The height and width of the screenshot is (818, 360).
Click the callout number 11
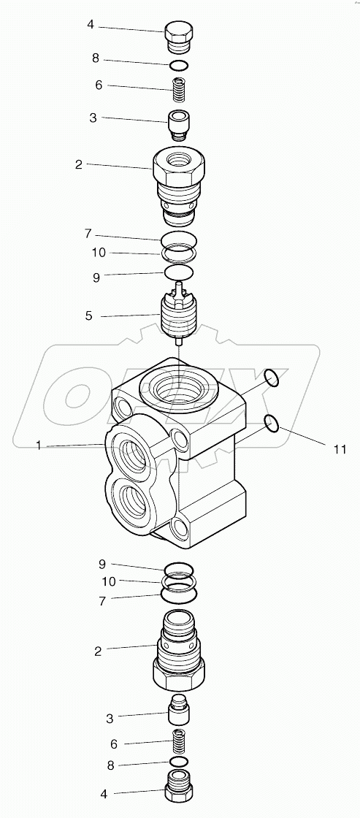[x=340, y=448]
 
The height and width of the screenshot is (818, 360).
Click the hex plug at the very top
[x=178, y=37]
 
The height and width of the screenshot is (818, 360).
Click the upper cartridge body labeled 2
[x=179, y=183]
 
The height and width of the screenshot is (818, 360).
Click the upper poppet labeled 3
[x=179, y=123]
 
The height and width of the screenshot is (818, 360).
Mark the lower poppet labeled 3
[x=179, y=711]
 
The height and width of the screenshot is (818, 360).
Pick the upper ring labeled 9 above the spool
[x=179, y=272]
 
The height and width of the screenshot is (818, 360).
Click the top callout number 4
[x=91, y=25]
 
